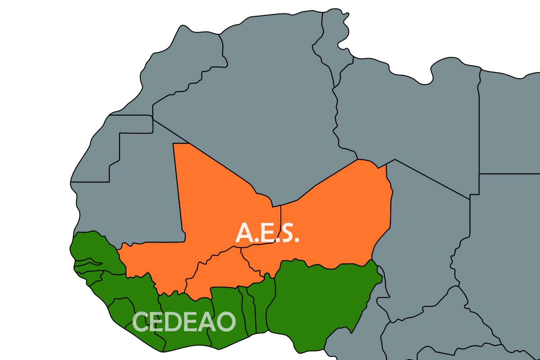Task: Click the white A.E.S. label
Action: pyautogui.click(x=267, y=233)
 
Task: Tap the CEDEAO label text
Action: pyautogui.click(x=184, y=322)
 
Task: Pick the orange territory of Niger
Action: pyautogui.click(x=342, y=216)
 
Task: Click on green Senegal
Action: pyautogui.click(x=92, y=247)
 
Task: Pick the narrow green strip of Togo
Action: pyautogui.click(x=251, y=310)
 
